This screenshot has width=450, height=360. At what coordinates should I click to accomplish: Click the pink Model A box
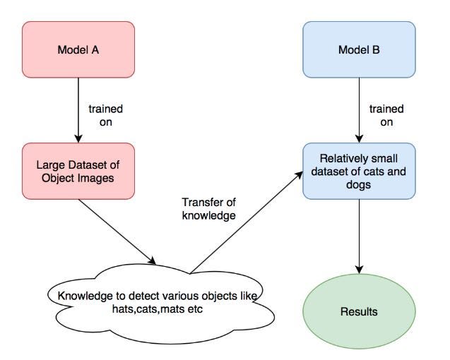[78, 49]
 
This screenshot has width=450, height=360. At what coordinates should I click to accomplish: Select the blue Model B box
[359, 49]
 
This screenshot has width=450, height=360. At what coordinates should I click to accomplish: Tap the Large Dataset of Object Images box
[78, 172]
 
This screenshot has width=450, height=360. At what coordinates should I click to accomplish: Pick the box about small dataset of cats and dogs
[359, 172]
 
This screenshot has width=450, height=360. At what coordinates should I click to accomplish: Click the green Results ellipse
[359, 311]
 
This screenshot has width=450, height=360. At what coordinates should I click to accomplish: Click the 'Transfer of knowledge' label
[209, 209]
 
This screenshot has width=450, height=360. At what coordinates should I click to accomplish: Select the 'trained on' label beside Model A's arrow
[106, 115]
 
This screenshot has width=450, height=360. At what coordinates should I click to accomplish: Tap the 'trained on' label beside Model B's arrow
[386, 115]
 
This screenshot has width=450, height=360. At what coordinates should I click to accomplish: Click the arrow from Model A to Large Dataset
[78, 110]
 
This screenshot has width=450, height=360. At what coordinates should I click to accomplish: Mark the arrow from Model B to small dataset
[359, 110]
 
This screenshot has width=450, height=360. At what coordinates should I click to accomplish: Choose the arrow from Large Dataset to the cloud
[117, 232]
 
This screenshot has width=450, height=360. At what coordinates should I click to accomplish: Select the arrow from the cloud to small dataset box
[247, 222]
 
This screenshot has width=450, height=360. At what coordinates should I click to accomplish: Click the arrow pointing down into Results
[359, 236]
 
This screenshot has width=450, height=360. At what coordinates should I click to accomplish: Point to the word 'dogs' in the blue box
[358, 184]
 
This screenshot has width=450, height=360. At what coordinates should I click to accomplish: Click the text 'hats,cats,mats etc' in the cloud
[158, 309]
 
